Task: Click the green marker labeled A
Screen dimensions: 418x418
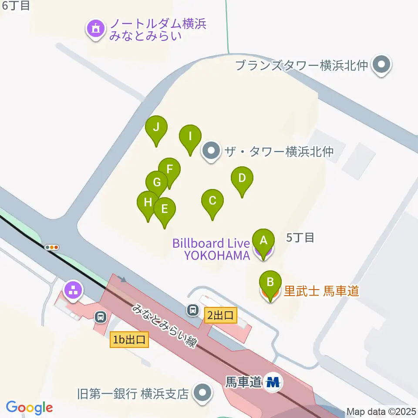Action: pos(263,241)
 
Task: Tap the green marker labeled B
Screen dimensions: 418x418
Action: pos(270,283)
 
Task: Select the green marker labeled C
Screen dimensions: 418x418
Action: pos(212,202)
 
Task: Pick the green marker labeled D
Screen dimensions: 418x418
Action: pos(242,179)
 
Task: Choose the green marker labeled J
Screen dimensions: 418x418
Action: pos(156,128)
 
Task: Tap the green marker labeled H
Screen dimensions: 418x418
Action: pos(148,203)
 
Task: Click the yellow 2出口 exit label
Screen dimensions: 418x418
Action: pos(221,315)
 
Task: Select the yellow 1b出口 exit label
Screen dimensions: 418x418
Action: pos(130,340)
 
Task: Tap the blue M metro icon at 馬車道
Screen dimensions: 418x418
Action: pos(273,382)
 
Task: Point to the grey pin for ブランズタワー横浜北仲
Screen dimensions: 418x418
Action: pos(382,66)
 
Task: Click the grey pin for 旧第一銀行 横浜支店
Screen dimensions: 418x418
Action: pos(202,394)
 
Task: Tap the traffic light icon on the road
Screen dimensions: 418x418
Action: pos(52,247)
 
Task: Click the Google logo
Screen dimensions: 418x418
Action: pos(29,408)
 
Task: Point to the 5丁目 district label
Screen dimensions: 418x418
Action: pos(300,238)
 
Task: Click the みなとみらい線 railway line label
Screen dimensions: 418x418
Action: pos(165,325)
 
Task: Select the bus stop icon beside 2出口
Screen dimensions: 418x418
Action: pos(192,310)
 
